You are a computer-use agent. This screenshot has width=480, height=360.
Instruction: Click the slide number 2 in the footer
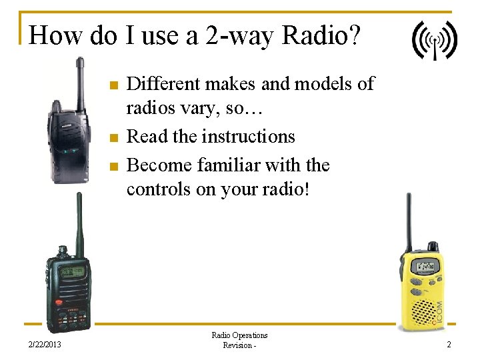[449, 344]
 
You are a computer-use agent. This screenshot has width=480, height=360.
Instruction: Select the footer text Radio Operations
[239, 335]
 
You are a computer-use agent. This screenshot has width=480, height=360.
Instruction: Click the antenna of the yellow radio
[409, 220]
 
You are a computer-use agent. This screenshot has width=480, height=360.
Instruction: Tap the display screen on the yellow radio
[425, 267]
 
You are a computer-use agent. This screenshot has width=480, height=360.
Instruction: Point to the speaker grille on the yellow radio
[423, 309]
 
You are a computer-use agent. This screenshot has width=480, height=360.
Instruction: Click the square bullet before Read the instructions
[113, 138]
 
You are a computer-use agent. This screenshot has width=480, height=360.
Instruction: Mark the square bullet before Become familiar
[113, 166]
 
